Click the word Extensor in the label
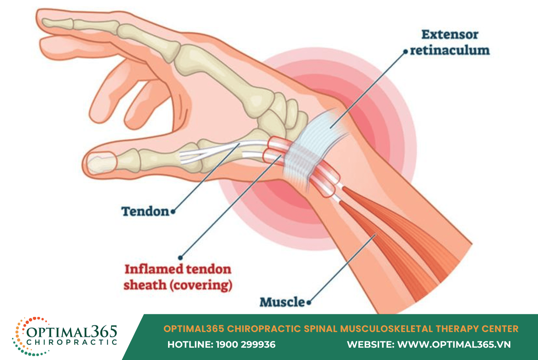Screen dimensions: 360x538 click(x=450, y=35)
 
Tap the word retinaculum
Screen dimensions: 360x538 click(x=450, y=50)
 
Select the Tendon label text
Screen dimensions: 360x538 click(x=146, y=212)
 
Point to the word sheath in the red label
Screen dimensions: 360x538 click(x=145, y=285)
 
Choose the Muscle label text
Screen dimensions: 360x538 click(x=282, y=302)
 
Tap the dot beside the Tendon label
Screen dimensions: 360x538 click(x=173, y=212)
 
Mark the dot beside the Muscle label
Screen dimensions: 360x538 click(x=309, y=302)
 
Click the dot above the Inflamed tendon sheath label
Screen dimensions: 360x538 click(x=180, y=258)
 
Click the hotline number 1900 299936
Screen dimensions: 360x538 click(x=245, y=345)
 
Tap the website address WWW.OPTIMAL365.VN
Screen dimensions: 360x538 click(x=454, y=345)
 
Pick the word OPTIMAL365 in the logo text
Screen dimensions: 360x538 click(x=72, y=331)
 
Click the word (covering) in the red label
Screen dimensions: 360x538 click(x=201, y=285)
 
